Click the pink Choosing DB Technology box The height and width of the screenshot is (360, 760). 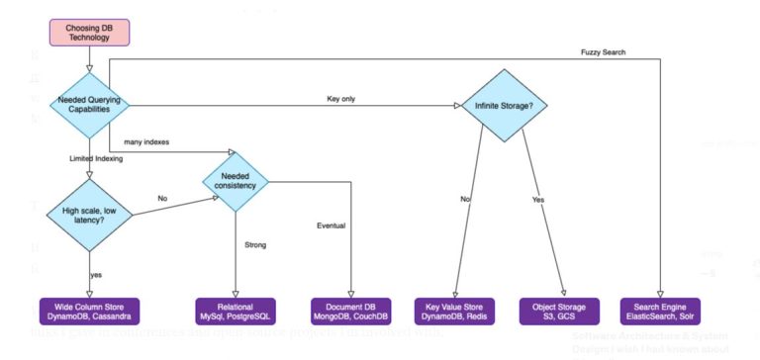click(89, 31)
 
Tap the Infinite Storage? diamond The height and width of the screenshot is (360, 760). click(503, 103)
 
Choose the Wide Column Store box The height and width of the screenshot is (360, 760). click(89, 311)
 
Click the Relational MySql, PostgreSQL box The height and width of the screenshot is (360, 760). click(236, 311)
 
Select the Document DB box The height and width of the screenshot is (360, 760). click(350, 311)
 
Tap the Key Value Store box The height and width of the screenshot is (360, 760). click(454, 311)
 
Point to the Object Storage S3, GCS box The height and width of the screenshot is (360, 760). click(560, 311)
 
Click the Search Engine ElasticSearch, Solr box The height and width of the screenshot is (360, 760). click(661, 311)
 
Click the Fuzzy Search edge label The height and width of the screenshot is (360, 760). click(603, 51)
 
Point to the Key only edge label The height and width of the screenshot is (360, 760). click(341, 98)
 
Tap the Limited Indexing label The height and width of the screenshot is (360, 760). click(96, 158)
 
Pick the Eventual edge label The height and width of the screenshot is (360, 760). click(331, 226)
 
